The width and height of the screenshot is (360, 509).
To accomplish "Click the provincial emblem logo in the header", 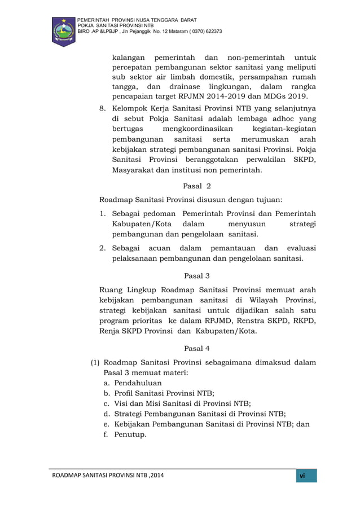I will tap(63, 32).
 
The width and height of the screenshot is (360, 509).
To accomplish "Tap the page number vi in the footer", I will tap(302, 476).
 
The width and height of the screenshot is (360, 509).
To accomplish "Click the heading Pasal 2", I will tap(196, 186).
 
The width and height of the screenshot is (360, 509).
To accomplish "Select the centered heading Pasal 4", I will tap(196, 348).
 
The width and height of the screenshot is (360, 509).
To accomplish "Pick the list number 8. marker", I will tap(103, 107).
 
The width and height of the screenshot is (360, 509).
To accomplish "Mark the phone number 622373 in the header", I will tap(211, 31).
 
